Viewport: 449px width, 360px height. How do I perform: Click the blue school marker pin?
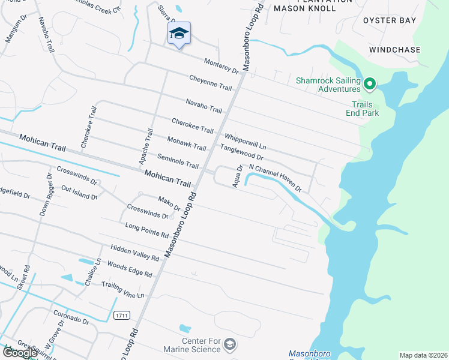pyautogui.click(x=179, y=34)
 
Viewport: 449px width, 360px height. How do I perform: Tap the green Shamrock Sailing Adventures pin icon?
pyautogui.click(x=370, y=84)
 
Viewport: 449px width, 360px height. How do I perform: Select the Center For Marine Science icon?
pyautogui.click(x=229, y=344)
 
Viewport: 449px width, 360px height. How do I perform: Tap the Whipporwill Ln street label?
pyautogui.click(x=245, y=142)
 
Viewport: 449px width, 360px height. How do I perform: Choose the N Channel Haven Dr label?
pyautogui.click(x=274, y=178)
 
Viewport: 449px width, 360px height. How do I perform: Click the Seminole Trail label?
pyautogui.click(x=178, y=161)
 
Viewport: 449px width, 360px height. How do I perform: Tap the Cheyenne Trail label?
pyautogui.click(x=210, y=83)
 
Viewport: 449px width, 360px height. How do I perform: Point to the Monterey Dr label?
pyautogui.click(x=221, y=66)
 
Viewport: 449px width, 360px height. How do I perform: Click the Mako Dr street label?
pyautogui.click(x=169, y=203)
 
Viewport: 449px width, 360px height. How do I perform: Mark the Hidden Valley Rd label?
pyautogui.click(x=134, y=253)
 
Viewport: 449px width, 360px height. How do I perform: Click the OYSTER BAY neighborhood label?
pyautogui.click(x=390, y=20)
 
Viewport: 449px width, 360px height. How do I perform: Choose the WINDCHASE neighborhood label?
pyautogui.click(x=394, y=50)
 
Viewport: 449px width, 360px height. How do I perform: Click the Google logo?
pyautogui.click(x=20, y=353)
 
